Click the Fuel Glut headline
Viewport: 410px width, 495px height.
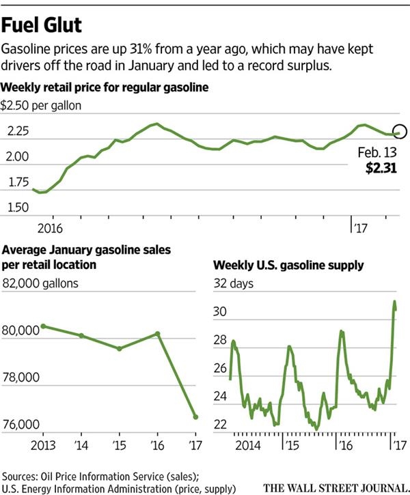tap(42, 26)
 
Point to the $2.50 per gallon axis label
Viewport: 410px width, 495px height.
tap(42, 106)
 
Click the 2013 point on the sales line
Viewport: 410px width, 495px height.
tap(44, 326)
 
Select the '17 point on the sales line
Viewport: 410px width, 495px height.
tap(195, 417)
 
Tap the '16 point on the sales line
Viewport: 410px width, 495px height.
tap(158, 334)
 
